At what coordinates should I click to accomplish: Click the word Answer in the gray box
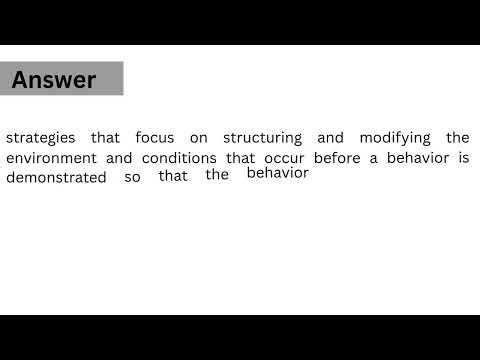(54, 80)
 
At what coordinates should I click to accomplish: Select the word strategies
(37, 137)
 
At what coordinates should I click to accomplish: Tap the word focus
(155, 137)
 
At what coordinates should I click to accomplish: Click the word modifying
(388, 137)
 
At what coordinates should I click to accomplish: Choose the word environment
(50, 158)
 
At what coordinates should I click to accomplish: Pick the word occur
(286, 158)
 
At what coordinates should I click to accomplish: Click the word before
(340, 158)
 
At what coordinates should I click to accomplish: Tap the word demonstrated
(56, 178)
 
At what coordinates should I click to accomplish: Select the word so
(133, 178)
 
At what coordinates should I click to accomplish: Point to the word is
(463, 158)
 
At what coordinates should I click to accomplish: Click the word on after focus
(194, 137)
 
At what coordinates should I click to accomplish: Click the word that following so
(173, 178)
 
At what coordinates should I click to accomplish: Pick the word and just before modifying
(331, 137)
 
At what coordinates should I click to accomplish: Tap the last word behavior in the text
(278, 173)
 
